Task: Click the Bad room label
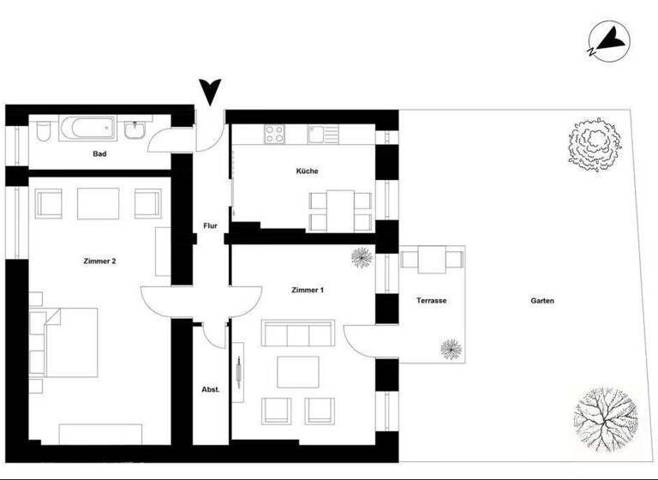tap(99, 154)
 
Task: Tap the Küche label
tap(307, 171)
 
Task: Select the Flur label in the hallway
tap(210, 227)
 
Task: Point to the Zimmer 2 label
tap(99, 261)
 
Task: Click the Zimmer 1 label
tap(308, 291)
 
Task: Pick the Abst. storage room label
tap(210, 389)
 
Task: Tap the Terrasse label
tap(432, 301)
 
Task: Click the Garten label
tap(542, 301)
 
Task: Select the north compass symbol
tap(611, 40)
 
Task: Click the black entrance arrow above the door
tap(209, 91)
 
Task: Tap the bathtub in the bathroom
tap(89, 130)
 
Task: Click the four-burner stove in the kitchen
tap(276, 134)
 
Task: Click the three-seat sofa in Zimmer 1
tap(288, 335)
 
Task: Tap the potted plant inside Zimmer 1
tap(361, 258)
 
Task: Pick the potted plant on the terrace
tap(450, 348)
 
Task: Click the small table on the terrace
tap(431, 259)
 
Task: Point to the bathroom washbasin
tap(134, 131)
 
